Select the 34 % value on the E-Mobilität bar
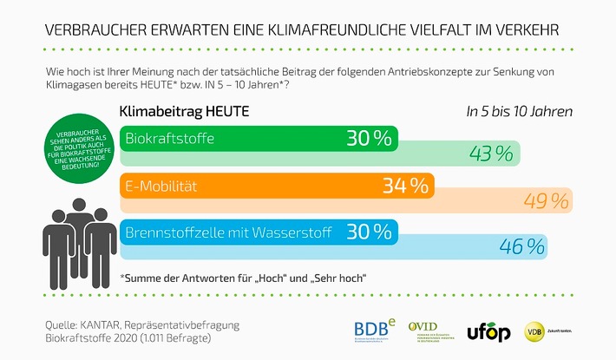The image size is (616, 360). pos(404,186)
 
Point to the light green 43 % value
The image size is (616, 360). pos(491,154)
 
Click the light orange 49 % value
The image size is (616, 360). pos(547,201)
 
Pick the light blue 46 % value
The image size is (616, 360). pos(521,247)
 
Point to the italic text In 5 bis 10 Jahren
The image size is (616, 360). pos(519,113)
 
